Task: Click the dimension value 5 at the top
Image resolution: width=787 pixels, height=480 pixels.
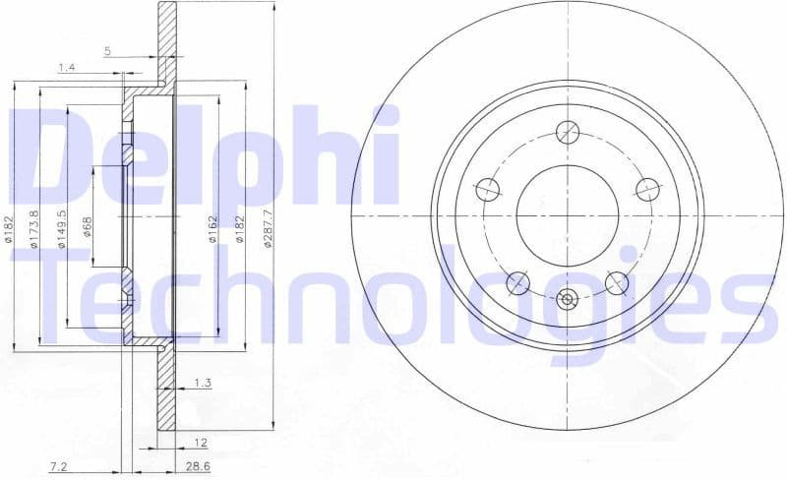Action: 107,51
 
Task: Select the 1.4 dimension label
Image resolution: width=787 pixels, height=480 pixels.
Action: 67,67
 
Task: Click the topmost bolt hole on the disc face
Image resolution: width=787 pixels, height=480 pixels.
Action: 567,131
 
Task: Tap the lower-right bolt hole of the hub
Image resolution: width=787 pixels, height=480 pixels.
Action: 616,283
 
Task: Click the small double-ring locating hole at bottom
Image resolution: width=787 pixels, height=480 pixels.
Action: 567,299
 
